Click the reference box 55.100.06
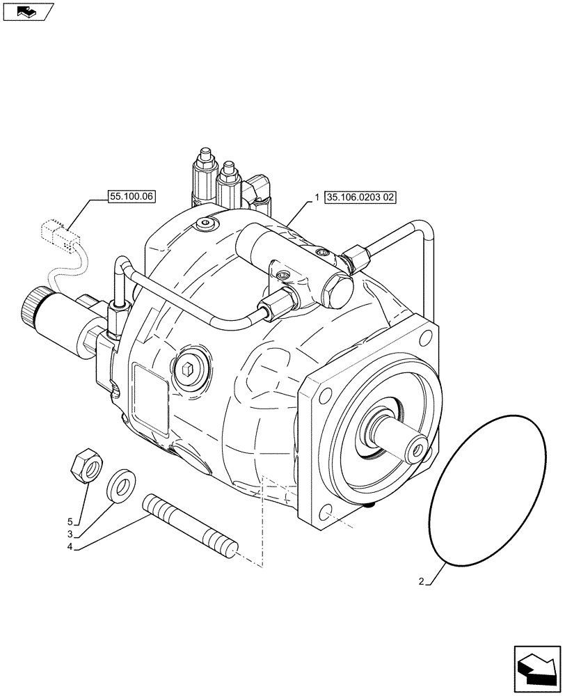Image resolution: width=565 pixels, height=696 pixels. pyautogui.click(x=132, y=197)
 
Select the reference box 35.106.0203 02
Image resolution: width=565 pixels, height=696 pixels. pyautogui.click(x=360, y=198)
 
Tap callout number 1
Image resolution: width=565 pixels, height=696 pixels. pyautogui.click(x=317, y=198)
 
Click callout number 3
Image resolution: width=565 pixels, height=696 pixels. pyautogui.click(x=70, y=535)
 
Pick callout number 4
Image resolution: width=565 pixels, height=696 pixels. pyautogui.click(x=70, y=548)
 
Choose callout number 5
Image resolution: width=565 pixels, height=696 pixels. pyautogui.click(x=70, y=521)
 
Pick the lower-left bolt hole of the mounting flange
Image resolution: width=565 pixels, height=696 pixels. pyautogui.click(x=325, y=516)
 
